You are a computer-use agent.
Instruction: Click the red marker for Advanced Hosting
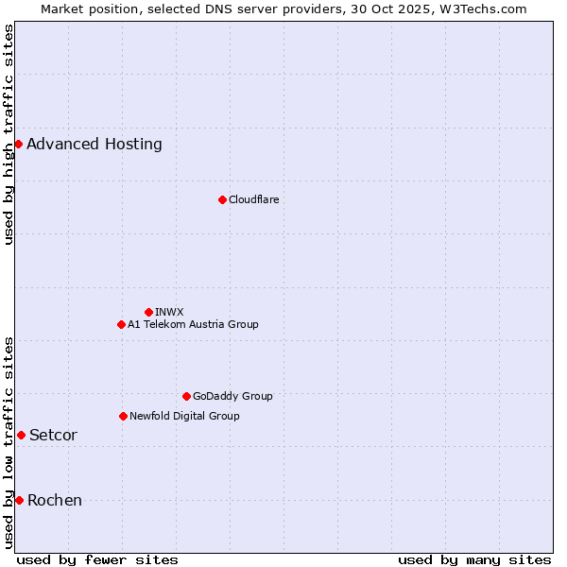18,144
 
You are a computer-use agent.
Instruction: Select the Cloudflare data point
222,199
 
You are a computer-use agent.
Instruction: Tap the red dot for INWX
148,312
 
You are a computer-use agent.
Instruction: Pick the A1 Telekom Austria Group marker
121,324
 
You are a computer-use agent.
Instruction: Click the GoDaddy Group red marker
186,396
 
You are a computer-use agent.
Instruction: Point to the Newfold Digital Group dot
123,416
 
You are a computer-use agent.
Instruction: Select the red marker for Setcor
21,435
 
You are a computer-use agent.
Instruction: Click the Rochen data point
19,500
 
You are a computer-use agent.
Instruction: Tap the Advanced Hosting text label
94,145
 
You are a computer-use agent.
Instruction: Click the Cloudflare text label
253,199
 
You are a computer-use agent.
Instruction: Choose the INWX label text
169,312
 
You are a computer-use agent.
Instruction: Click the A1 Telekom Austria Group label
193,324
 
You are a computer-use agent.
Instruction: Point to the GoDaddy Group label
232,396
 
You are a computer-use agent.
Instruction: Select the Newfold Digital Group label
184,416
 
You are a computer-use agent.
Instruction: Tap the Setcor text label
53,436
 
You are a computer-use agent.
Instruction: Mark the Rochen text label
55,501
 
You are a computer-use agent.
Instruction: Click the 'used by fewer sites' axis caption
97,559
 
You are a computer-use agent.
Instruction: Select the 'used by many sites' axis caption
474,559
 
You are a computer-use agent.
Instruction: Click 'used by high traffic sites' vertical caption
9,134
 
